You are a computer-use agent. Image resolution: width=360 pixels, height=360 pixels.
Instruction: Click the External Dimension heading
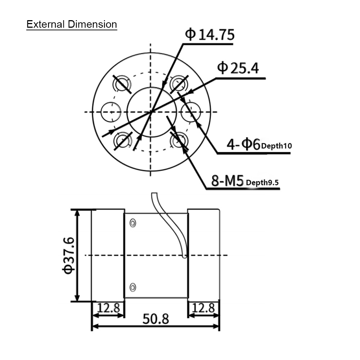(72, 24)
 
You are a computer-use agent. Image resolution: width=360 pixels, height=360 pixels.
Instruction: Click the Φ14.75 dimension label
(210, 35)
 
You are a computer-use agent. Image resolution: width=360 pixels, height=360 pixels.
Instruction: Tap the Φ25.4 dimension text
(238, 68)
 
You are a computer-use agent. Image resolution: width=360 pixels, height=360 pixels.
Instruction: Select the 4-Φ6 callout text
(243, 145)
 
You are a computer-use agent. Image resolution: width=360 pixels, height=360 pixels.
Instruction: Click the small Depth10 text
(276, 146)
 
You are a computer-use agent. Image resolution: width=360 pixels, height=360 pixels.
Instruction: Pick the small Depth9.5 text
(262, 183)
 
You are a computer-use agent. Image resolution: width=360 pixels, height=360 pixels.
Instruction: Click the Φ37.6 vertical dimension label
(68, 255)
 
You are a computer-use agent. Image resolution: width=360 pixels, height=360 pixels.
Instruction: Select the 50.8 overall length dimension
(156, 319)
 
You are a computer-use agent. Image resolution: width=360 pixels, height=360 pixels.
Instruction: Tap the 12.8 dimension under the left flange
(108, 308)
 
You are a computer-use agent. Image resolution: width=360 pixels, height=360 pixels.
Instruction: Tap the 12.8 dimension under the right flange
(203, 308)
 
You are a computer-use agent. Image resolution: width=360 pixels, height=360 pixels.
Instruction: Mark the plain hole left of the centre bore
(110, 112)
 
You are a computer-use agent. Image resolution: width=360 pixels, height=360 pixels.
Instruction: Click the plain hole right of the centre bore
(190, 112)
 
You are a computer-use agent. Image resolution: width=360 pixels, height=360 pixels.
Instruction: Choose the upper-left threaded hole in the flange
(122, 84)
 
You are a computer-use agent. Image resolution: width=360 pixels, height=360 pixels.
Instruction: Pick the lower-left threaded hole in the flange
(122, 140)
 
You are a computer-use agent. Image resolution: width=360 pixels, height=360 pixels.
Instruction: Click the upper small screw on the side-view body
(133, 223)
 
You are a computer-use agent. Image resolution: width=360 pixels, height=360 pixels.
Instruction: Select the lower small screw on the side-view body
(133, 287)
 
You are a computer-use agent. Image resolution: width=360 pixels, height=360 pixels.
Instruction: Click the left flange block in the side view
(108, 255)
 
